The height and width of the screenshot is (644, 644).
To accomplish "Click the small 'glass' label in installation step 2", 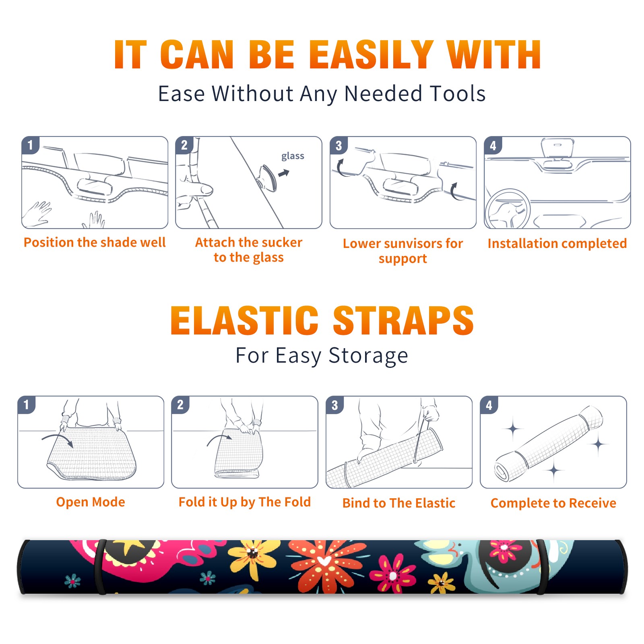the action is (293, 156).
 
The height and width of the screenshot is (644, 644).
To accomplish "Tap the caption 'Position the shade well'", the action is (95, 242).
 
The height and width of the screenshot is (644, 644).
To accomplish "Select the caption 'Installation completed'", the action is (557, 244).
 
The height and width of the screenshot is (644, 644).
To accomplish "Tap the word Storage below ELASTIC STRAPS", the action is (368, 356).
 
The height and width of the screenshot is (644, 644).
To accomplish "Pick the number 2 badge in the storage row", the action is (180, 405).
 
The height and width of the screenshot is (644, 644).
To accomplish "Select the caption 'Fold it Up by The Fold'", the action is (245, 502).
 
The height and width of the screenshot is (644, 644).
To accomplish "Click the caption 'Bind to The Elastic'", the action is (399, 503).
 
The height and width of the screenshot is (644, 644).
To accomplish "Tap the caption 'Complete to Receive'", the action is (553, 503).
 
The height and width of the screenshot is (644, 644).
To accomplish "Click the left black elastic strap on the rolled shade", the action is (100, 567).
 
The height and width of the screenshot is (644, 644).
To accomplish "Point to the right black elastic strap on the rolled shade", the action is (542, 567).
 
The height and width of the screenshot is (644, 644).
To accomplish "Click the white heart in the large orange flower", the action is (324, 561).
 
